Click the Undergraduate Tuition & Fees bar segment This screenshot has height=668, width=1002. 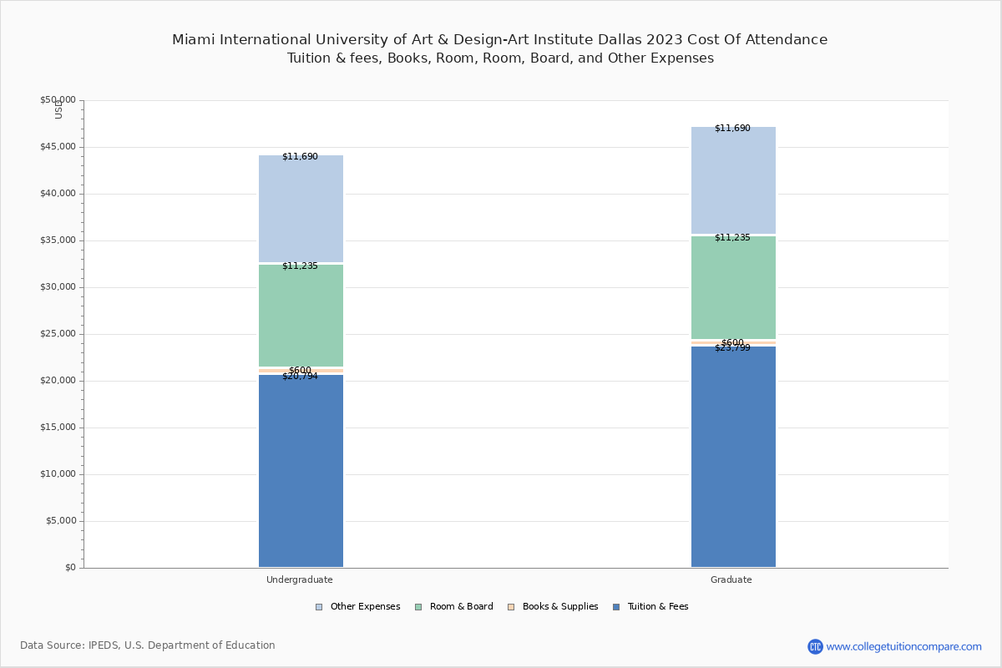(301, 472)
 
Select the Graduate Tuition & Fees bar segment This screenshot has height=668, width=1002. (733, 458)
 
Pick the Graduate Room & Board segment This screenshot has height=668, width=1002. (733, 288)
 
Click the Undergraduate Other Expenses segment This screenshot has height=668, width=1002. (301, 209)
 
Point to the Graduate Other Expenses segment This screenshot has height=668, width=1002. (733, 180)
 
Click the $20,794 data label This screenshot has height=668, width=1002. (300, 377)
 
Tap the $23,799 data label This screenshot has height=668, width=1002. (732, 348)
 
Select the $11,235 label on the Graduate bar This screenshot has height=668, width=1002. (732, 238)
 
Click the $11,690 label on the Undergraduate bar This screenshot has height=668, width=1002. (300, 157)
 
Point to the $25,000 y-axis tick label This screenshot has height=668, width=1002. (58, 334)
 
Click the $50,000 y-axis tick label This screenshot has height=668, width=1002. (58, 100)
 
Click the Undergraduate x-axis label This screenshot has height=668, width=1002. (300, 579)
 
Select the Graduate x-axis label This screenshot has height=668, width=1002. (731, 579)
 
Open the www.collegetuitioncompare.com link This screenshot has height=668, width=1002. (903, 646)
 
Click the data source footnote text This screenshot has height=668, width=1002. (148, 645)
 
